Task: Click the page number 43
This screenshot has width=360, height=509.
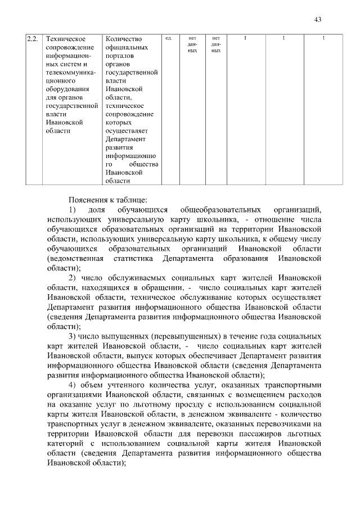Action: point(318,20)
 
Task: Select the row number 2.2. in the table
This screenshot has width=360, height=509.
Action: point(32,39)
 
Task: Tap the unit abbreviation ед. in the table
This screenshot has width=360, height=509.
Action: point(168,38)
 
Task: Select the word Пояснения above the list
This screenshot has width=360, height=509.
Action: point(88,200)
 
